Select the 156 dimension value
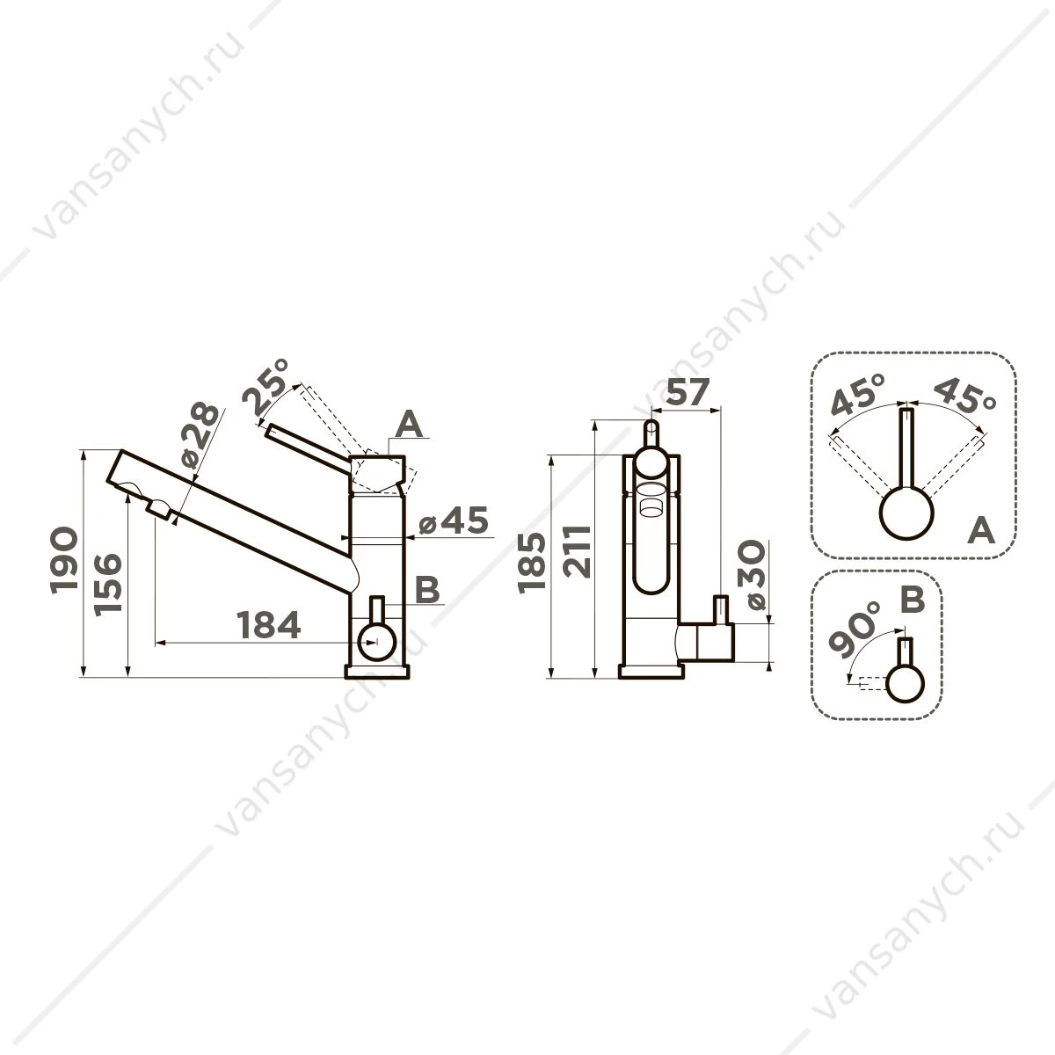pyautogui.click(x=107, y=586)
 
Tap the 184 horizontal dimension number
pyautogui.click(x=268, y=625)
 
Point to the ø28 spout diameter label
pyautogui.click(x=200, y=436)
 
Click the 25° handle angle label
pyautogui.click(x=266, y=387)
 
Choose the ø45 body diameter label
pyautogui.click(x=454, y=520)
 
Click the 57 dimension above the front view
pyautogui.click(x=688, y=391)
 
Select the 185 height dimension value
pyautogui.click(x=532, y=563)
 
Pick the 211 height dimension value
pyautogui.click(x=578, y=551)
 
